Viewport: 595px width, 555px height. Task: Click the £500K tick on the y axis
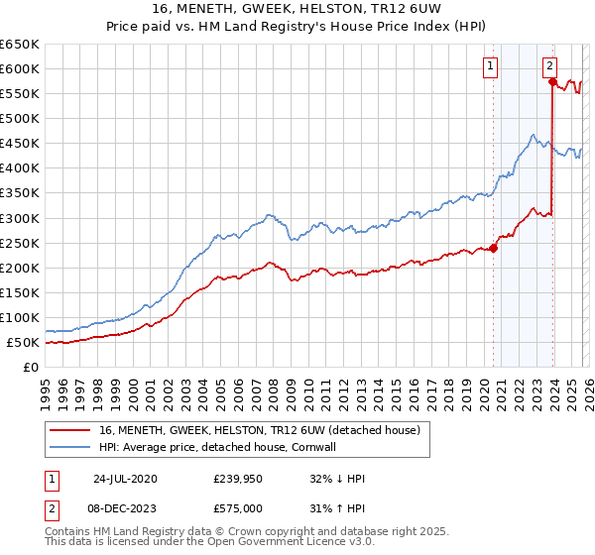20,118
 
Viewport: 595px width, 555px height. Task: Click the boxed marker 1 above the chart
491,66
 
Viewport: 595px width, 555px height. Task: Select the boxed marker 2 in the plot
549,66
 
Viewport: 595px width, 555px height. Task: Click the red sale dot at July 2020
493,248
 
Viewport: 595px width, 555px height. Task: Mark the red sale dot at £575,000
552,81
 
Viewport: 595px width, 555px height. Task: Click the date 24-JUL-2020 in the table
124,479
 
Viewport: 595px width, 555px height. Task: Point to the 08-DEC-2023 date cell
124,507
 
